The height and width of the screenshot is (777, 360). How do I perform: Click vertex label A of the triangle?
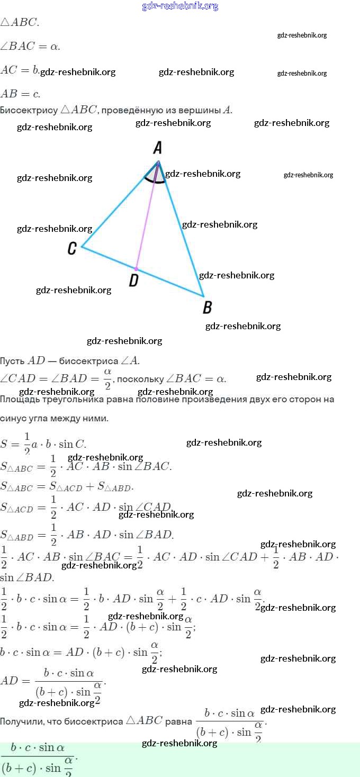click(157, 148)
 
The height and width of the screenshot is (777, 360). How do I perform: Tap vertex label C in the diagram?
click(73, 248)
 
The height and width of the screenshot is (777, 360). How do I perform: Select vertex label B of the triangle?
click(208, 307)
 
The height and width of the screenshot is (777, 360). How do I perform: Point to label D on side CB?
click(134, 280)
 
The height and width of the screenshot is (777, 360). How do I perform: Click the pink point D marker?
click(136, 269)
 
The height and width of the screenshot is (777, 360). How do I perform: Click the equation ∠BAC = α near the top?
click(30, 46)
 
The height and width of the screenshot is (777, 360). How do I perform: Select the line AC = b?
click(20, 69)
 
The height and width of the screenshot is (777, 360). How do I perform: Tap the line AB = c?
click(20, 94)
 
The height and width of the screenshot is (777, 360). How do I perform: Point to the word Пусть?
click(12, 361)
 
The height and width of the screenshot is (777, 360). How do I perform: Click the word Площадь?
click(20, 399)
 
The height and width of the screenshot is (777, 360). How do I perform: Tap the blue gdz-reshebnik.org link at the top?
click(180, 6)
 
